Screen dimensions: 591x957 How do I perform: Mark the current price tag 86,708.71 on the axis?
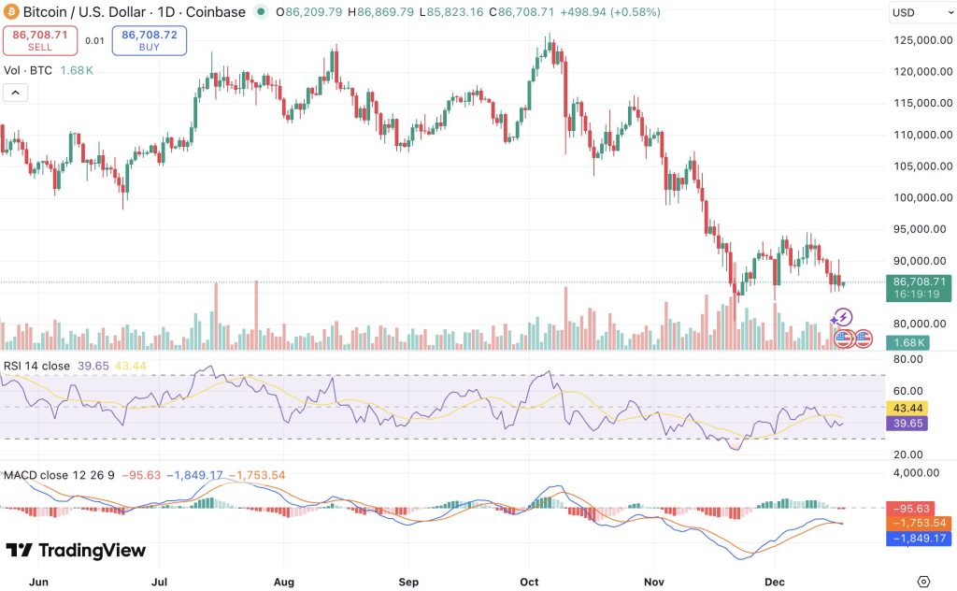click(921, 281)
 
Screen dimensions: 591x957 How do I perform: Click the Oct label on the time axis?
click(529, 581)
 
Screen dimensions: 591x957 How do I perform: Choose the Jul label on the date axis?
click(161, 581)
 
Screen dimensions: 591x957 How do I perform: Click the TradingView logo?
click(77, 551)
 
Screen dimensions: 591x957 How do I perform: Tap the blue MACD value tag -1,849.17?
click(921, 539)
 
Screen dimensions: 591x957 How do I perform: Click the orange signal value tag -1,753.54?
click(921, 523)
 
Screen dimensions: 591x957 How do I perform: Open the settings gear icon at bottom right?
click(923, 581)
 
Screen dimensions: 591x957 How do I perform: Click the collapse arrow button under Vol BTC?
click(16, 93)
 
